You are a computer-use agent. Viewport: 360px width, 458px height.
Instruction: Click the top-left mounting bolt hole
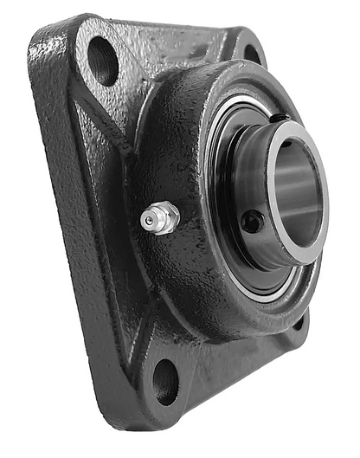pos(103,60)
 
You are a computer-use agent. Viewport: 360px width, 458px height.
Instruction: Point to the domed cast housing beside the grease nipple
pos(186,260)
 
